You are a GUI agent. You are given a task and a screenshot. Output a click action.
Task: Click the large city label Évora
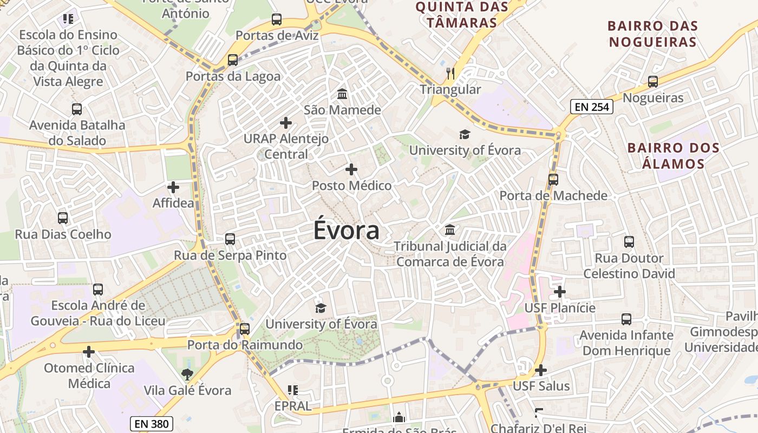coord(347,231)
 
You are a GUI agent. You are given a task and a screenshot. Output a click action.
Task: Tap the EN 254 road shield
coord(592,107)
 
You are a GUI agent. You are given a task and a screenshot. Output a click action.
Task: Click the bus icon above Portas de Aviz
coord(277,19)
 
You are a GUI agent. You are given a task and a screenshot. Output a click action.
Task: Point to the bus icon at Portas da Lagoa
coord(233,60)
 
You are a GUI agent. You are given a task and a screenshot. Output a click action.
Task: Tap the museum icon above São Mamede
coord(342,94)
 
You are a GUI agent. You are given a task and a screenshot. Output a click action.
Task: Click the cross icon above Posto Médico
coord(351,169)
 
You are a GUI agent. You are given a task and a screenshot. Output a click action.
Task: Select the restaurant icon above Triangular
coord(450,73)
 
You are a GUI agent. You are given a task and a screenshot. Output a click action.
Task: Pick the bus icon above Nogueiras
coord(653,82)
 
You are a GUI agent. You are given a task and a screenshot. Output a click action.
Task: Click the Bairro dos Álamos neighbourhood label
coord(665,155)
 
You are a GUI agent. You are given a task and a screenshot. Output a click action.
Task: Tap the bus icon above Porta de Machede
coord(553,179)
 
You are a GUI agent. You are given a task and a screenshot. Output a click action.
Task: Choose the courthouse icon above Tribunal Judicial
coord(450,230)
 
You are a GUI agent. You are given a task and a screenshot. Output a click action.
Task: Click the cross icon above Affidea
coord(173,187)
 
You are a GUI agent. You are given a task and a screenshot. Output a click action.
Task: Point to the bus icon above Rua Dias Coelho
coord(63,218)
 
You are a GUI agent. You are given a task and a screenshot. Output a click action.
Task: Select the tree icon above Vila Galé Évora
coord(187,374)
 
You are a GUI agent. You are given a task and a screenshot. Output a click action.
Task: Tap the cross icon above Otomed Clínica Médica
coord(89,352)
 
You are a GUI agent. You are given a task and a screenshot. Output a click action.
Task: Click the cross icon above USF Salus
coord(541,370)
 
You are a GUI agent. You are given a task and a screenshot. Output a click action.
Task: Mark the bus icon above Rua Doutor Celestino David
coord(629,242)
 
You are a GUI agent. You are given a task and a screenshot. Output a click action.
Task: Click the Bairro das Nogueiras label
coord(652,34)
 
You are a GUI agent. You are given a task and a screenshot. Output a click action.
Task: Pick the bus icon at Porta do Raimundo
coord(245,329)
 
